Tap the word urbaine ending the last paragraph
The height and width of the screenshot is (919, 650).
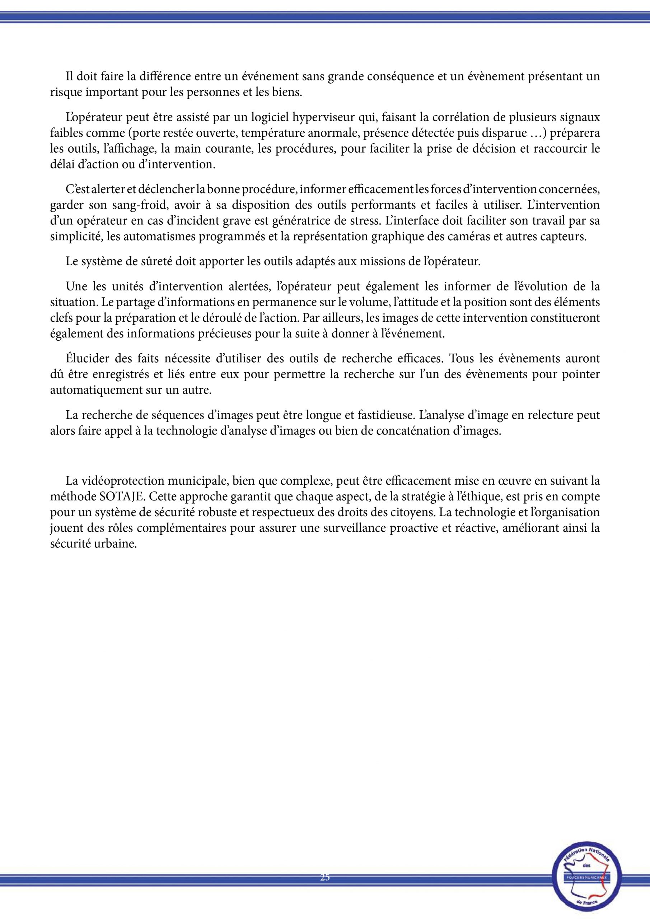click(117, 545)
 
